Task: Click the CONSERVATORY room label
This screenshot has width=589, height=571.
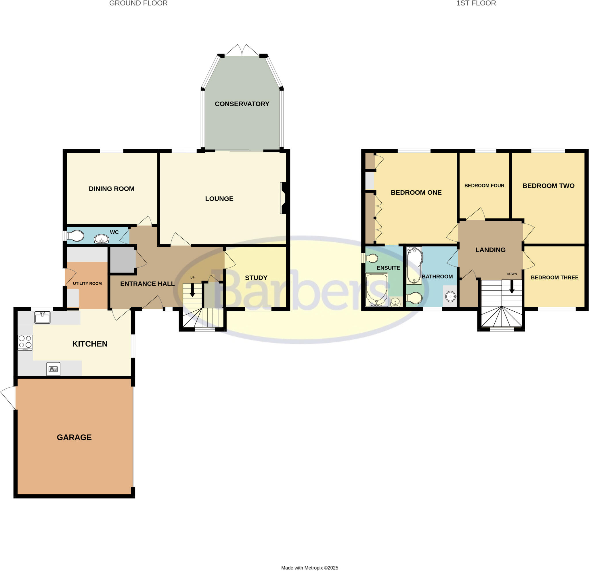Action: click(x=242, y=104)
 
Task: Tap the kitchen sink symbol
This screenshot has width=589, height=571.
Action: click(x=42, y=317)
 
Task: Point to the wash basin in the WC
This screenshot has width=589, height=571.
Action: click(x=101, y=239)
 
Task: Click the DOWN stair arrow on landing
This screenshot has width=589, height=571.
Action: click(x=512, y=287)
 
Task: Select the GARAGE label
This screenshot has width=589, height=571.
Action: click(x=74, y=437)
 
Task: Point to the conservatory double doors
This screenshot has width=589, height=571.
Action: click(x=242, y=50)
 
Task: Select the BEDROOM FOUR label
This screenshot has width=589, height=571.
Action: click(x=484, y=186)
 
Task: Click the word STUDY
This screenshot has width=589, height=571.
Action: click(x=256, y=278)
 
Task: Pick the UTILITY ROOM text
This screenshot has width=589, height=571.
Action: click(x=87, y=283)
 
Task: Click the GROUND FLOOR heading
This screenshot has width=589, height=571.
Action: click(x=138, y=3)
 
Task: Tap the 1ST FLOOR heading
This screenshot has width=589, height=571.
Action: click(x=476, y=3)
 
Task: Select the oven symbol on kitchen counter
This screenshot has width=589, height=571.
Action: click(x=53, y=369)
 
